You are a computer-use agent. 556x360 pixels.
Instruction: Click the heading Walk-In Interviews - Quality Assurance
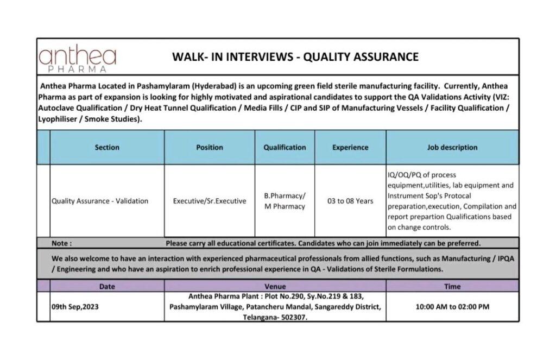tap(295, 57)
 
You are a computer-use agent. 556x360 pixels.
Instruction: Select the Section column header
tap(107, 147)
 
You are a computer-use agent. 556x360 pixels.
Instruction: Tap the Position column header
tap(210, 147)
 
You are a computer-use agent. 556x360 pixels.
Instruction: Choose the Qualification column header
tap(285, 147)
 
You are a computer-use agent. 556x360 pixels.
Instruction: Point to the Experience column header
tap(350, 147)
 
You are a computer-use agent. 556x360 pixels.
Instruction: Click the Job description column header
tap(452, 147)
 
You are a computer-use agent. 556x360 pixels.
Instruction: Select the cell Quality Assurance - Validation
tap(100, 201)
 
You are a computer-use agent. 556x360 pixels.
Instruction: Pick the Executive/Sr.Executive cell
tap(210, 201)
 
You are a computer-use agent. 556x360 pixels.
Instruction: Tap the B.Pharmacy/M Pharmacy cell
tap(285, 201)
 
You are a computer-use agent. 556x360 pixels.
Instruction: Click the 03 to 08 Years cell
tap(350, 201)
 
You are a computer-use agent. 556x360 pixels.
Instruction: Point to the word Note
tap(61, 243)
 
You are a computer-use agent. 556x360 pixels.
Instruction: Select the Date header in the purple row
tap(107, 286)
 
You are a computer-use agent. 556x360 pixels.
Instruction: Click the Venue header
tap(275, 286)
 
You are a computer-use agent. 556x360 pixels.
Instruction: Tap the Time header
tap(452, 286)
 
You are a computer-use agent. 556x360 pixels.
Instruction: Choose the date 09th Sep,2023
tap(75, 307)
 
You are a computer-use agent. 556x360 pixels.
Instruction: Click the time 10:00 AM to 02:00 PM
tap(452, 307)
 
